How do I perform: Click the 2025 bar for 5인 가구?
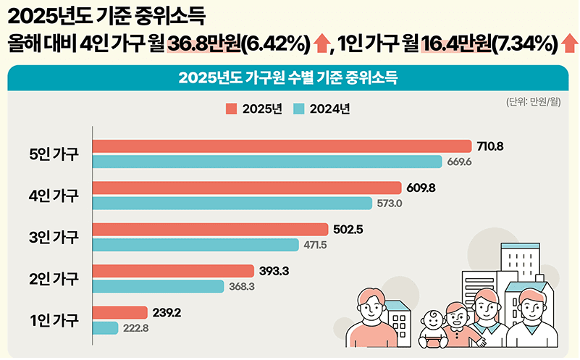pyautogui.click(x=282, y=146)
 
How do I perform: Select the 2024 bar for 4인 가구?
pyautogui.click(x=232, y=203)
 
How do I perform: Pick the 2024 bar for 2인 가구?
pyautogui.click(x=159, y=287)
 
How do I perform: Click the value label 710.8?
pyautogui.click(x=490, y=146)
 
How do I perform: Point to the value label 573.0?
pyautogui.click(x=390, y=204)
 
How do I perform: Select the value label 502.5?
pyautogui.click(x=348, y=230)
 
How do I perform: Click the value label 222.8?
pyautogui.click(x=135, y=328)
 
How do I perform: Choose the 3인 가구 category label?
pyautogui.click(x=54, y=237)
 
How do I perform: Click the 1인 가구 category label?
pyautogui.click(x=54, y=320)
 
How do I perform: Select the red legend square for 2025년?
pyautogui.click(x=231, y=109)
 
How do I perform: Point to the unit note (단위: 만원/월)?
pyautogui.click(x=534, y=101)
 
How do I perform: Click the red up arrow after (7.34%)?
pyautogui.click(x=569, y=45)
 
